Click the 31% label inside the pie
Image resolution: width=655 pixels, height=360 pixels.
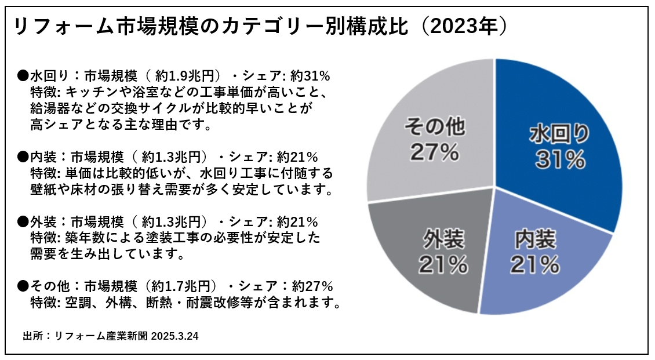560,160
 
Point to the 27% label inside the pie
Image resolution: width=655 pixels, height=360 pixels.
434,152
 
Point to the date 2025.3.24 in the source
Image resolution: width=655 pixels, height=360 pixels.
174,336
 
